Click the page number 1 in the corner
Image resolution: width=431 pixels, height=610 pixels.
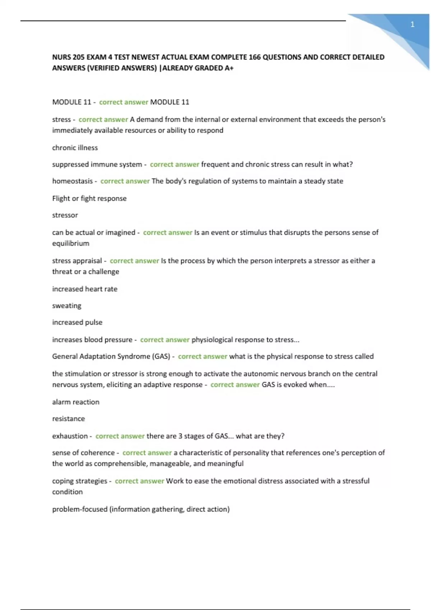pos(412,25)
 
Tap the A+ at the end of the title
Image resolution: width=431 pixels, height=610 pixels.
pos(229,68)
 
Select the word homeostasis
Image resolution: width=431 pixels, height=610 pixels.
pos(72,181)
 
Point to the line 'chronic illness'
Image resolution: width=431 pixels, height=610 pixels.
pos(75,148)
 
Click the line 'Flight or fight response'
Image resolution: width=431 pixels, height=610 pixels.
pos(89,198)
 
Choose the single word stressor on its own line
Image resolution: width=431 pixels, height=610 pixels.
pos(65,215)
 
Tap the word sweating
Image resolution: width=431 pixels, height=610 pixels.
pos(66,306)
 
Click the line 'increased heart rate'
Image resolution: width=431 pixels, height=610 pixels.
pos(84,289)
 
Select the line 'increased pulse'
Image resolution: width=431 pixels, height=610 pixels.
pos(77,323)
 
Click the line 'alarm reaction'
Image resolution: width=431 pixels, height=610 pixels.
pos(75,402)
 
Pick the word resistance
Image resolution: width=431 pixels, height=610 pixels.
pos(68,419)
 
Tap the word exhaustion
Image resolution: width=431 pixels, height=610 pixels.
pos(70,436)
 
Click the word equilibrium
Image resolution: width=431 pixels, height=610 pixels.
pos(70,244)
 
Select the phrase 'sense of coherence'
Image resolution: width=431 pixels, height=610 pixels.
pos(83,453)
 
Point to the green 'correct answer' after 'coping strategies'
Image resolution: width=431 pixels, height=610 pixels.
pos(139,481)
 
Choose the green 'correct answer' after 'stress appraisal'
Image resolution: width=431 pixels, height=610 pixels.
pos(134,261)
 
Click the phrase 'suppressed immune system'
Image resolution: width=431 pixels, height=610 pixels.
pos(97,165)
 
